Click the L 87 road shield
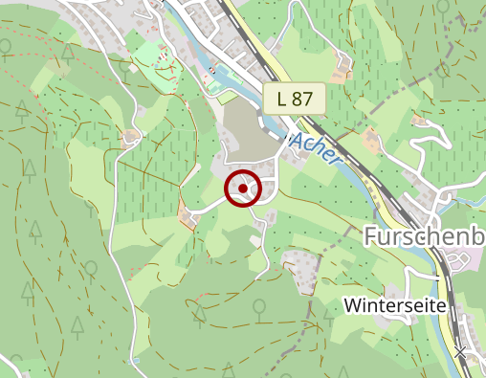[x=295, y=98]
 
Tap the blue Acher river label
[x=315, y=149]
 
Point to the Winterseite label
[x=394, y=305]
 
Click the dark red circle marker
[x=244, y=189]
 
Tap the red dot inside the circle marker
[x=244, y=189]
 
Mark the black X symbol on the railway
[x=461, y=353]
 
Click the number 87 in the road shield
[x=303, y=98]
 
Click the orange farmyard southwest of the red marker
[x=186, y=217]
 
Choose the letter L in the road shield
[x=281, y=98]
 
